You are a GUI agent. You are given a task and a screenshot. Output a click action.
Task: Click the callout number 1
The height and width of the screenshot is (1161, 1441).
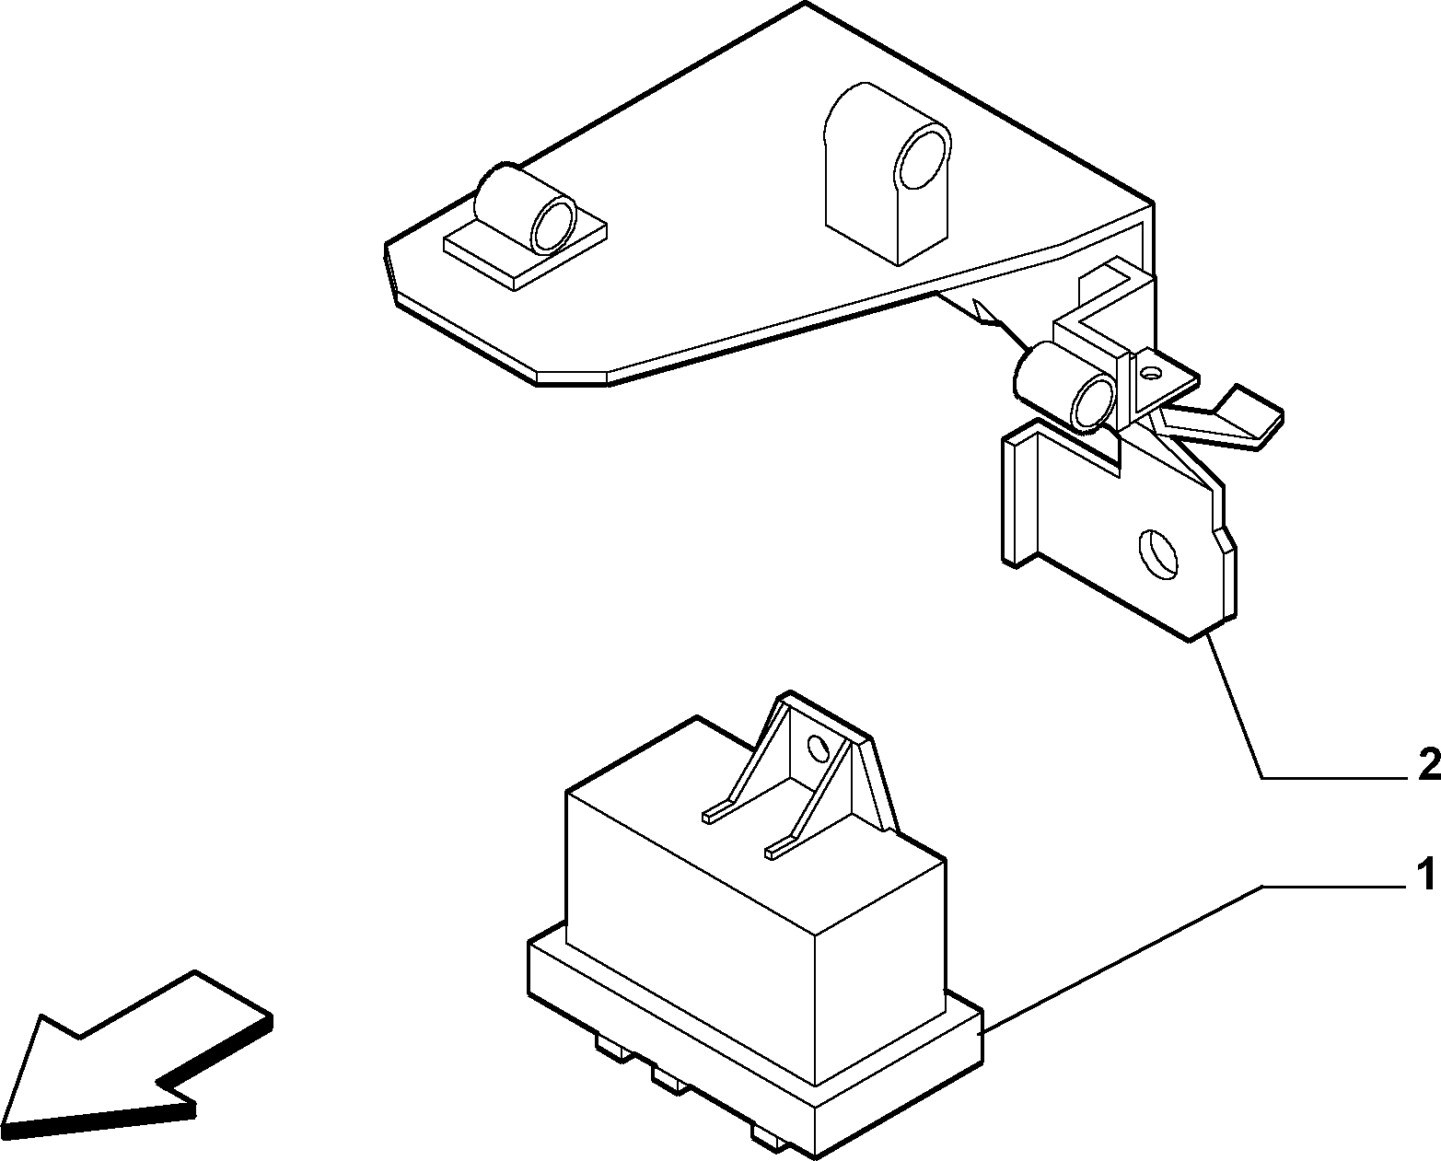1424,877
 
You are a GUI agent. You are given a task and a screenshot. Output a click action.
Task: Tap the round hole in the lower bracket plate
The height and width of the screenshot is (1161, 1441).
1157,554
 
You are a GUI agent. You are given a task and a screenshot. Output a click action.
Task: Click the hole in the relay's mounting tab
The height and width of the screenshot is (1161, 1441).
818,748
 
